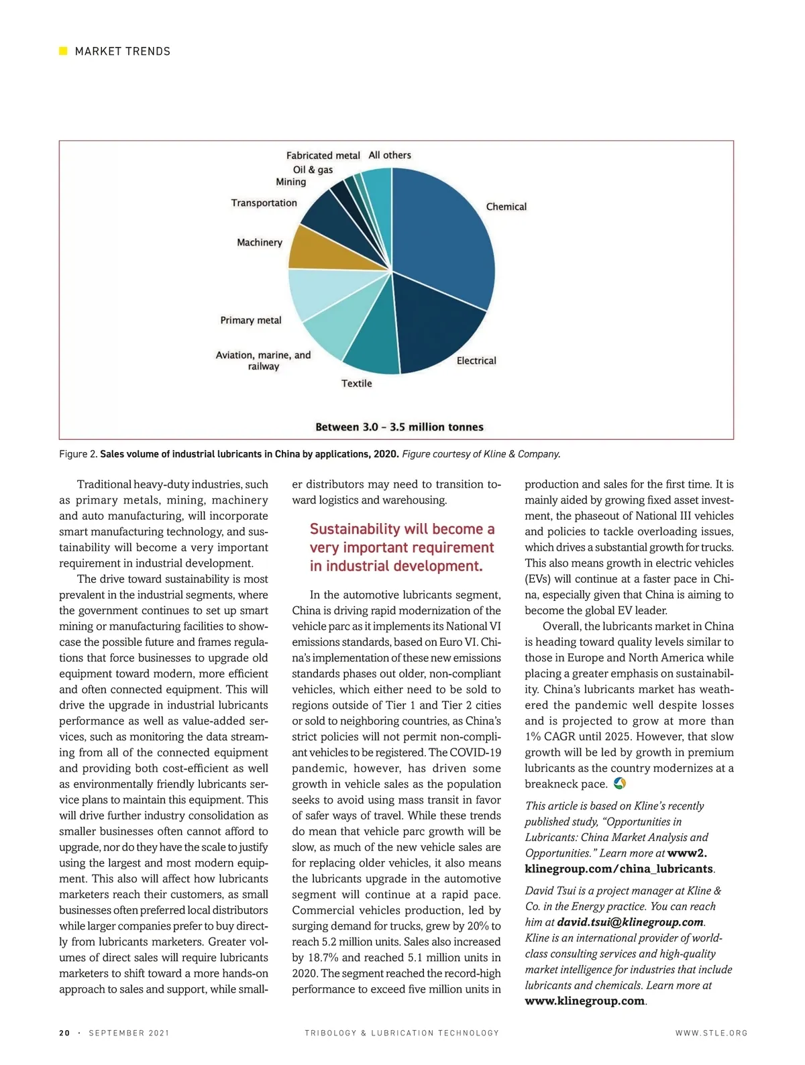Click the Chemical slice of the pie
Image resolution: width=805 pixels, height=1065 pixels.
click(x=446, y=235)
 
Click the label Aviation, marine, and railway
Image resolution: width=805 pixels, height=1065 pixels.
click(x=263, y=361)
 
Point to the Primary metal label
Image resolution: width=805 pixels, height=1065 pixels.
click(x=251, y=321)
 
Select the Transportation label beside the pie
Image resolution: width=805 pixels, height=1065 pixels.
click(x=264, y=203)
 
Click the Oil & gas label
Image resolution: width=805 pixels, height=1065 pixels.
click(x=313, y=170)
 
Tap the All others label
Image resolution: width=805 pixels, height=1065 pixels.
click(x=390, y=155)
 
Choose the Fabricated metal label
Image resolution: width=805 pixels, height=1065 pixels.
click(x=323, y=156)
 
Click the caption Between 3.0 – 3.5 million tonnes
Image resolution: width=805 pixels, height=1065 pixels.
click(x=399, y=427)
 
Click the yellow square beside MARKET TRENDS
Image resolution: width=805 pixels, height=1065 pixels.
click(x=64, y=51)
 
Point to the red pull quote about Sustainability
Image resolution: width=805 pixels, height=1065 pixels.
click(x=402, y=547)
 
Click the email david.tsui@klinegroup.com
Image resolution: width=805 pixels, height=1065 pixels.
click(x=630, y=922)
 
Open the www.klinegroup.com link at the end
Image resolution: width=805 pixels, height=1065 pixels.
click(x=584, y=1001)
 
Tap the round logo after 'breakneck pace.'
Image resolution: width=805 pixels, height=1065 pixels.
click(x=620, y=783)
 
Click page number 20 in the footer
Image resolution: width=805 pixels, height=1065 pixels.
click(x=64, y=1033)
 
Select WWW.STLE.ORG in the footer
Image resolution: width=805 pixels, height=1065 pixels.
click(x=711, y=1033)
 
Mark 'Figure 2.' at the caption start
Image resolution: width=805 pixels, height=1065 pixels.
click(x=78, y=454)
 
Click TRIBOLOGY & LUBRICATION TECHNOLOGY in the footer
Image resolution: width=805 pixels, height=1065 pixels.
click(x=402, y=1033)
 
